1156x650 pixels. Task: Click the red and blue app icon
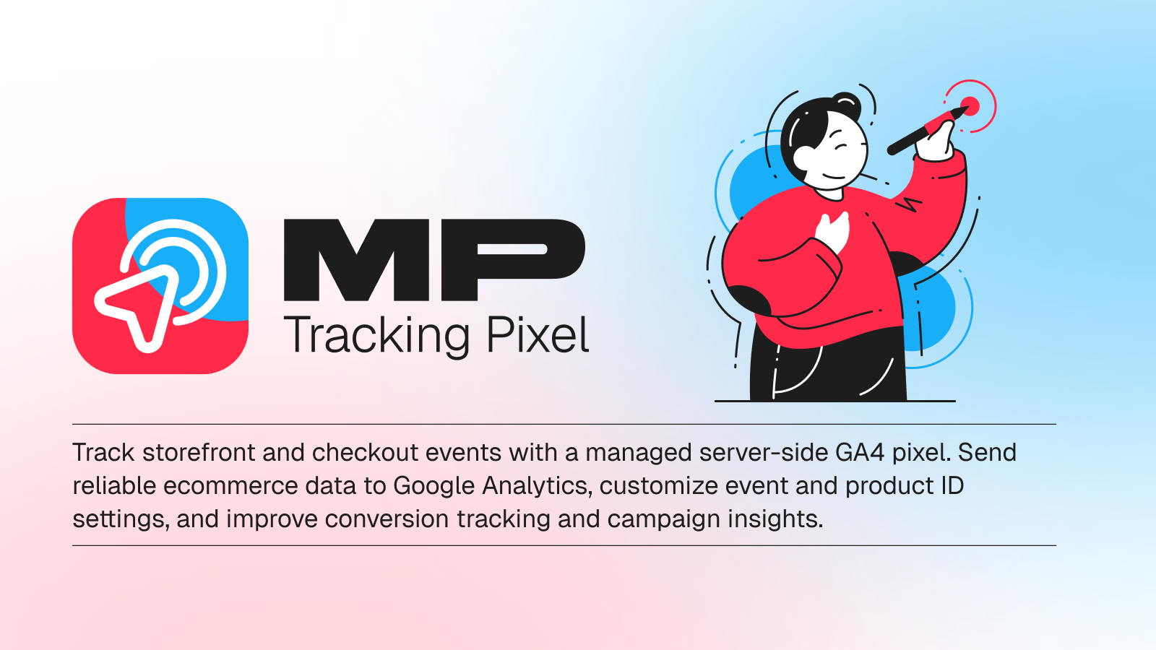[160, 286]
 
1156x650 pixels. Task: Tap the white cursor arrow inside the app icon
[135, 308]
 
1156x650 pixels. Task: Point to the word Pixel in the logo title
[538, 334]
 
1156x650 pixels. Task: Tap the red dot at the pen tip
[970, 105]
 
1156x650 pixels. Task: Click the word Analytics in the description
[538, 487]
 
